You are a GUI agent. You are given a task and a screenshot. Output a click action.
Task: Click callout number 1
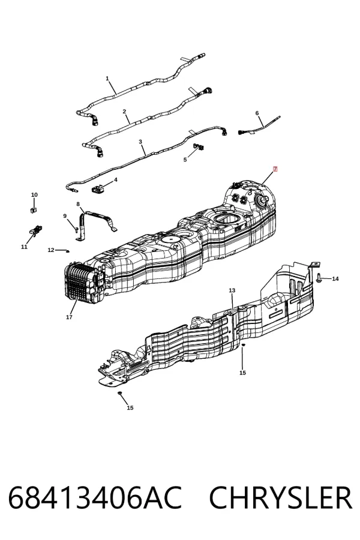click(x=107, y=79)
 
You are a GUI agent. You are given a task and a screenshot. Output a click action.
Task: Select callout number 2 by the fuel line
click(x=124, y=112)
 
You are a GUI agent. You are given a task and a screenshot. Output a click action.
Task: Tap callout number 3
click(x=140, y=142)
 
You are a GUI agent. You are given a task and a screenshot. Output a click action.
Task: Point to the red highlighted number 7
click(x=275, y=169)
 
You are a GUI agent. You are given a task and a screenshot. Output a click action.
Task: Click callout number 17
click(x=69, y=317)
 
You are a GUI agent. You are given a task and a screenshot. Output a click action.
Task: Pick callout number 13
click(x=232, y=290)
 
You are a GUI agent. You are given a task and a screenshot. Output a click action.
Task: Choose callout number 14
click(x=335, y=278)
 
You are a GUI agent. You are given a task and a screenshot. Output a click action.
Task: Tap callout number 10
click(x=34, y=195)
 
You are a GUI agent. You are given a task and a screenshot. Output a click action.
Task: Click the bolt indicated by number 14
click(x=319, y=278)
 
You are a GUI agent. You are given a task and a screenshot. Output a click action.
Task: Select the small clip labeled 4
click(x=98, y=189)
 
